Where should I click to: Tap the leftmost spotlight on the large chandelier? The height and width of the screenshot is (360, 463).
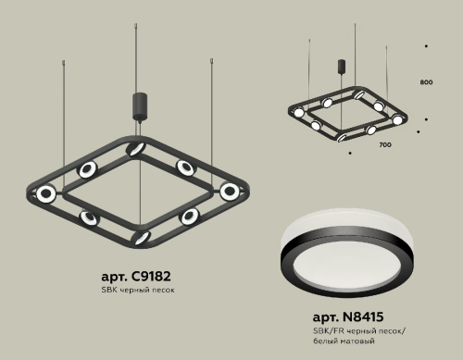coord(44,194)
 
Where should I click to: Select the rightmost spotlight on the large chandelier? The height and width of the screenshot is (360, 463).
coord(229,191)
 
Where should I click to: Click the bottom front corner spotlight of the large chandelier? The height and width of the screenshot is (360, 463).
coord(141,237)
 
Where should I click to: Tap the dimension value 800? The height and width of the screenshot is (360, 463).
coord(426,83)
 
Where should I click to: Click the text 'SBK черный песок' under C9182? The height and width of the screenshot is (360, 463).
coord(137,291)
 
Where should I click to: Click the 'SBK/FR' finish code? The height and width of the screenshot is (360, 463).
coord(326,330)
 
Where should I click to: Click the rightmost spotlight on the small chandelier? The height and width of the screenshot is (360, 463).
coord(398,119)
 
